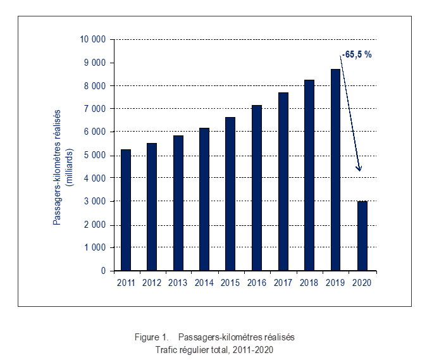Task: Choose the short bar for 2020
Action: [x=361, y=236]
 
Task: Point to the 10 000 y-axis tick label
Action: [x=92, y=39]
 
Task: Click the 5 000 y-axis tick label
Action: [x=95, y=155]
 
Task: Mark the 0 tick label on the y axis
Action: [x=103, y=271]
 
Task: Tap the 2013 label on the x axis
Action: [x=178, y=283]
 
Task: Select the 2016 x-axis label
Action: [x=256, y=283]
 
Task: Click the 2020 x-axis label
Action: [x=361, y=283]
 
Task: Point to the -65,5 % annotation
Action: [x=356, y=54]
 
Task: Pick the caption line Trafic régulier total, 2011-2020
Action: [x=218, y=349]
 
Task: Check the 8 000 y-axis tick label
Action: [x=95, y=85]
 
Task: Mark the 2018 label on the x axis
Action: [x=309, y=283]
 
